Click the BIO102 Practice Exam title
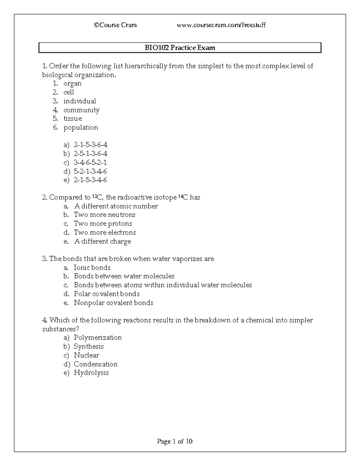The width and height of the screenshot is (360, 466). tap(180, 48)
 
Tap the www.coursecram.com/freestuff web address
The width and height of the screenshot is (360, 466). tap(221, 25)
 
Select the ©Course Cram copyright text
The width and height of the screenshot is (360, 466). tap(115, 25)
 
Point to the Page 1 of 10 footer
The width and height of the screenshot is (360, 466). tap(175, 441)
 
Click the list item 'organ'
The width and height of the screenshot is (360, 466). tap(72, 83)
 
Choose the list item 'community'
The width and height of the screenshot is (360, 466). tap(81, 110)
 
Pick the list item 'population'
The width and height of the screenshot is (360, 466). tap(81, 128)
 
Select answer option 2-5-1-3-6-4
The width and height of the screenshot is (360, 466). tap(90, 154)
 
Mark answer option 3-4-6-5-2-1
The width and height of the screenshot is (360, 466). tap(90, 163)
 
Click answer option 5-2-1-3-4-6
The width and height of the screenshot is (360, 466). tap(90, 171)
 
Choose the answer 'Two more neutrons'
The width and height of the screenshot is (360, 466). tap(105, 215)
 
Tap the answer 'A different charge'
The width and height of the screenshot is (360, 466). tap(103, 242)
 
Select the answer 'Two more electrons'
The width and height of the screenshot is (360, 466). tap(105, 233)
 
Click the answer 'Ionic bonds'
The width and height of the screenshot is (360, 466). tap(92, 268)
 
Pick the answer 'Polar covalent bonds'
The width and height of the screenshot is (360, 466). tap(107, 294)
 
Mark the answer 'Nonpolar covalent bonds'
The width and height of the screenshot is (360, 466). tap(113, 303)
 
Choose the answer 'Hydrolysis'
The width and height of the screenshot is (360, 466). tap(91, 373)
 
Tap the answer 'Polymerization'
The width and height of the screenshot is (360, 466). tap(98, 338)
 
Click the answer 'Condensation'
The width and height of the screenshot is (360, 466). tap(96, 364)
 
